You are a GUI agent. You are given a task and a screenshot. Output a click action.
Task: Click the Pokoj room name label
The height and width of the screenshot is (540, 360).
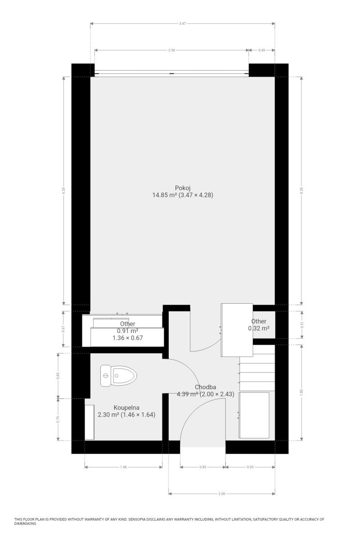click(x=183, y=188)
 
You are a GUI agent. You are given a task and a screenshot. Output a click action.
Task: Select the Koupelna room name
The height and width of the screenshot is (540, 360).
click(x=126, y=407)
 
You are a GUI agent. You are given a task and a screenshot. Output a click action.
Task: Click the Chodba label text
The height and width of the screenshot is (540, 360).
click(x=205, y=387)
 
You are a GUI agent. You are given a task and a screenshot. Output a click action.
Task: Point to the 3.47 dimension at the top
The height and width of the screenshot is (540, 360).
click(x=183, y=23)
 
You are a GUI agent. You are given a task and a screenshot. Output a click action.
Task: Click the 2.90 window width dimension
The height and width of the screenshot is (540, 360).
click(x=171, y=50)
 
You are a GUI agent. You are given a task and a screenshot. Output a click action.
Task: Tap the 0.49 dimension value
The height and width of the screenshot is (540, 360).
click(x=261, y=50)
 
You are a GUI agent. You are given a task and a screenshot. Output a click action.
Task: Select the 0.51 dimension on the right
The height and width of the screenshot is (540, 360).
click(x=302, y=325)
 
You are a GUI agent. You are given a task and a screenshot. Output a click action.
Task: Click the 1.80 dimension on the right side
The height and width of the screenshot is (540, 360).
click(x=301, y=392)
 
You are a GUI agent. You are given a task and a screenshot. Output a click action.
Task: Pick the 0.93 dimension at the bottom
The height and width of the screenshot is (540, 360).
click(x=250, y=467)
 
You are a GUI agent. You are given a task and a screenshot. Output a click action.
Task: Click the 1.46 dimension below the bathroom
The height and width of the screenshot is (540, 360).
click(x=123, y=467)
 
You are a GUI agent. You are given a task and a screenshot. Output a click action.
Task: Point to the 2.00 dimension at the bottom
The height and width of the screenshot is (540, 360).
click(x=221, y=494)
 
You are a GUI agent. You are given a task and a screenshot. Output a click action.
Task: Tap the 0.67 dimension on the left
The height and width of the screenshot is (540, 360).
click(x=63, y=329)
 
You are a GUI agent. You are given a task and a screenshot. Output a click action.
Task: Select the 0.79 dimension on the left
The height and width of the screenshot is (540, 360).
click(x=58, y=420)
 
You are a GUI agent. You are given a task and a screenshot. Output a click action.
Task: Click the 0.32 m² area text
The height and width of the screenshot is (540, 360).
click(x=259, y=328)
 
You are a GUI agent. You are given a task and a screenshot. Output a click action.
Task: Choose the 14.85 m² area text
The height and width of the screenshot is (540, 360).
click(x=165, y=195)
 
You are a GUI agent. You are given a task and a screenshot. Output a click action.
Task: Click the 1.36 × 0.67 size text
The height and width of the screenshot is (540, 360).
click(x=127, y=338)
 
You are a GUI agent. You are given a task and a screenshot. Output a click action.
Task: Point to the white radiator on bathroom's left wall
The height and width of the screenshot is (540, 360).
click(x=89, y=422)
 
